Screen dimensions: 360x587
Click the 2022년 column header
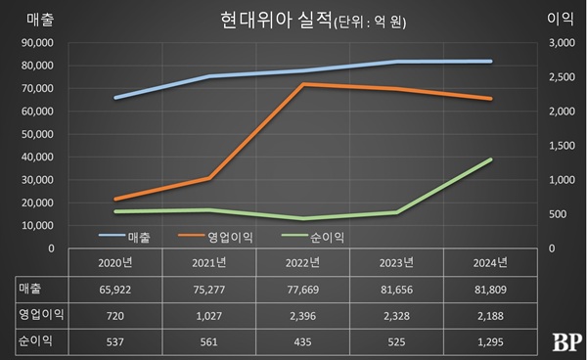pyautogui.click(x=302, y=261)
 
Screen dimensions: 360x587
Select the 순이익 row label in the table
pyautogui.click(x=35, y=343)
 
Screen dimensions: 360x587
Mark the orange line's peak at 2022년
pyautogui.click(x=302, y=84)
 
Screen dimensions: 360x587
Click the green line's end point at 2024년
pyautogui.click(x=491, y=159)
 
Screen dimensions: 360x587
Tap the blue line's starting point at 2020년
pyautogui.click(x=115, y=98)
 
